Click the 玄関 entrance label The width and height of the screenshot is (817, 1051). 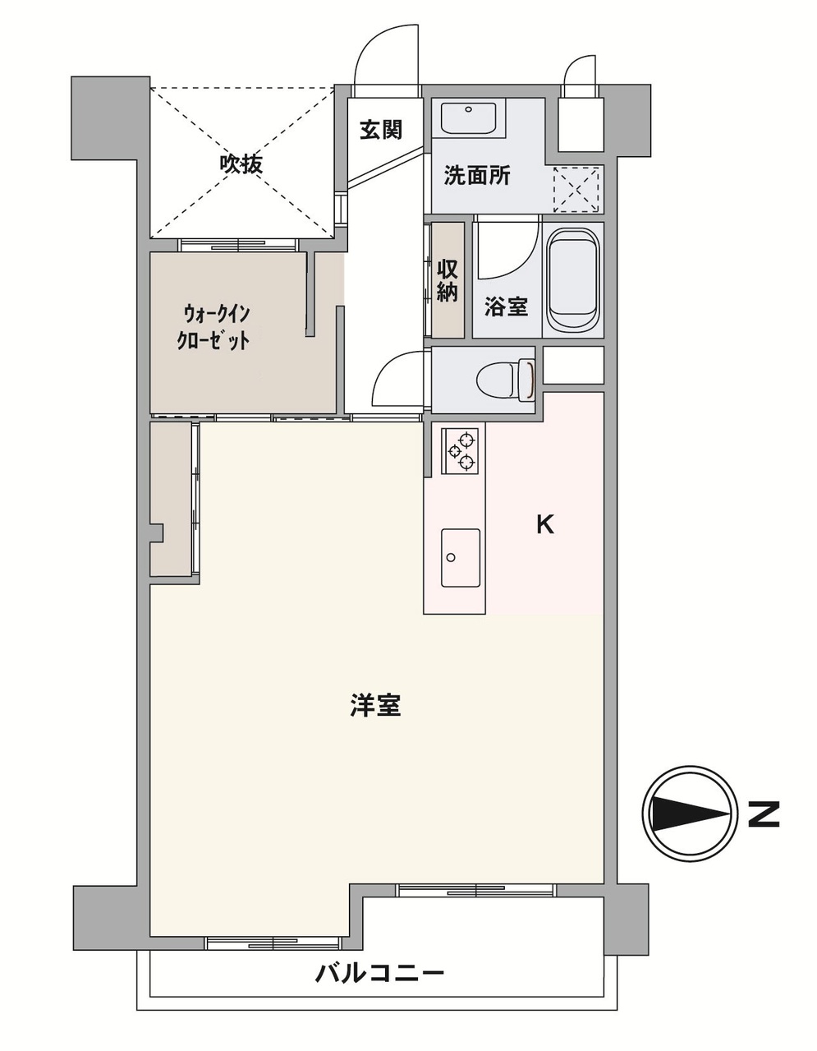[381, 130]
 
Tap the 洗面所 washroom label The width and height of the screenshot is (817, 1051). [477, 175]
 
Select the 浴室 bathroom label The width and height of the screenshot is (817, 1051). [506, 307]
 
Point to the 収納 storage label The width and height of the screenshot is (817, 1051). [448, 280]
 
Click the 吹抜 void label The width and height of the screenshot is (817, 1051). [241, 164]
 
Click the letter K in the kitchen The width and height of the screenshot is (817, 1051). [545, 524]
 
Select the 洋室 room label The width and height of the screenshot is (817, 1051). [375, 706]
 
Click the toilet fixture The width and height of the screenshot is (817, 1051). [504, 379]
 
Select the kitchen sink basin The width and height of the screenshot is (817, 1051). [461, 558]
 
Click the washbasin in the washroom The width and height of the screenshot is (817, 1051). [468, 118]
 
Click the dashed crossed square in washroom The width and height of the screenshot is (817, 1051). [578, 189]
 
